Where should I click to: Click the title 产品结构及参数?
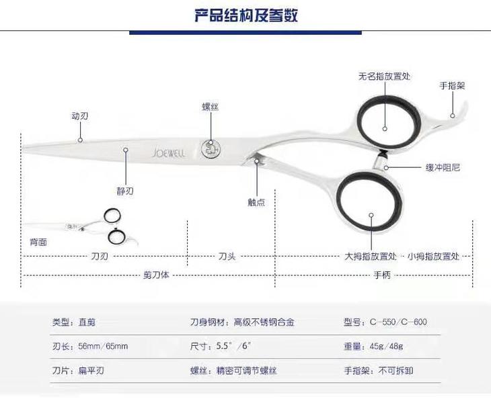(x=245, y=15)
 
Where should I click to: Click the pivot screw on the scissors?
(x=211, y=148)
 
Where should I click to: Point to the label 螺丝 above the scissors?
(x=211, y=107)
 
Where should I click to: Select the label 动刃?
(x=80, y=116)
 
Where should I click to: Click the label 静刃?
(x=125, y=191)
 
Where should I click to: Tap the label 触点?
(x=256, y=202)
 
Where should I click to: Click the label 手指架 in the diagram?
(x=453, y=86)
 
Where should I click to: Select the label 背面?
(x=38, y=242)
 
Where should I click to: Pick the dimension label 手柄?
(x=382, y=275)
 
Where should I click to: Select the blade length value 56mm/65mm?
(x=103, y=347)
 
